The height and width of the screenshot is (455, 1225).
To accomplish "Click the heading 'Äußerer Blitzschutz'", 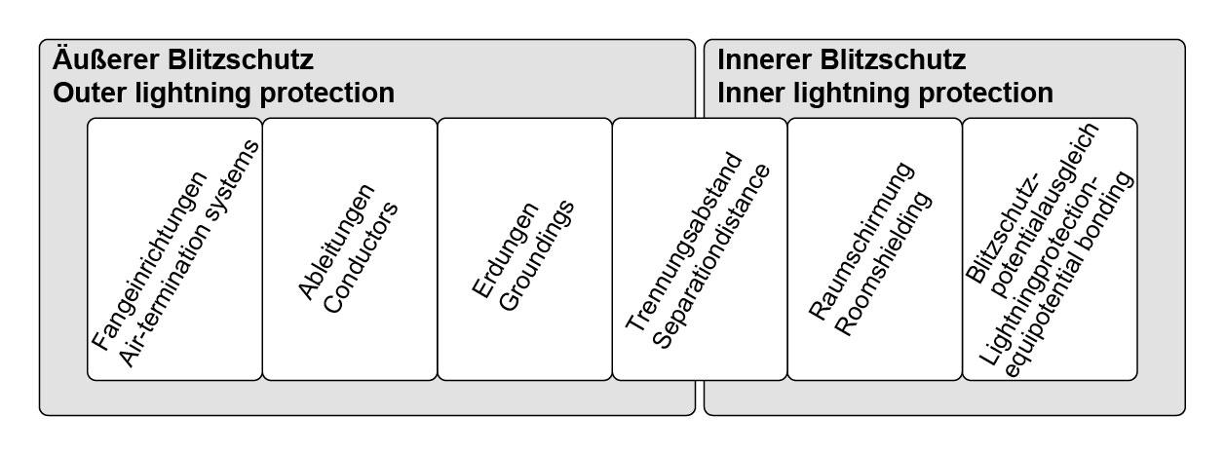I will coord(183,60).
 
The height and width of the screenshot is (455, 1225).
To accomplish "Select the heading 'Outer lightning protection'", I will coord(223,94).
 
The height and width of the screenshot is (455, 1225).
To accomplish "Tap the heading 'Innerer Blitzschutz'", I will coord(841,60).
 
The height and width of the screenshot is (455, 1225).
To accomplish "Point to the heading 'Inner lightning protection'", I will coord(885,94).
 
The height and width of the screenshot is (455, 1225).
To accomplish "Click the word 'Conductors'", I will coord(362,257).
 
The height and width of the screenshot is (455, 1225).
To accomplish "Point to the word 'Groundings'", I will coord(536,254).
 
